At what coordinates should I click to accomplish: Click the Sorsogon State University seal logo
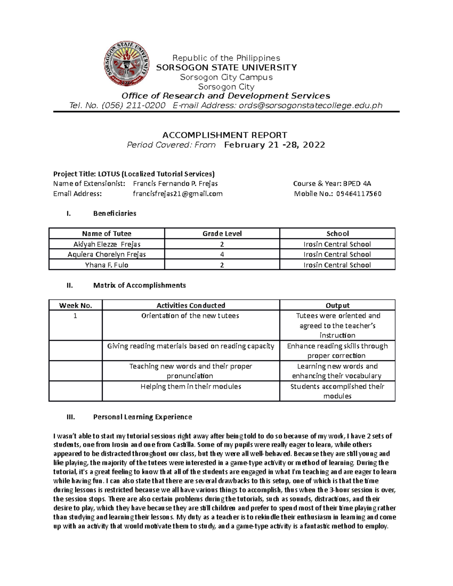(x=126, y=64)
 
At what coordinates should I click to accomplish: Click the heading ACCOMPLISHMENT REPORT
(x=225, y=135)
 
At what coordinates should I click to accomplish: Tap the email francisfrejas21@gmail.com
(x=177, y=194)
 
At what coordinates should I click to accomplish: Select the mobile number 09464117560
(x=359, y=194)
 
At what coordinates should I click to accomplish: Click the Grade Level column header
(x=222, y=234)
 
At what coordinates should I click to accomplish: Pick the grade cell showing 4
(x=222, y=254)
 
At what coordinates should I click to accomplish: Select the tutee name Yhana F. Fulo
(x=106, y=265)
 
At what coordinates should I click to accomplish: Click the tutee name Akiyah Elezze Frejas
(x=106, y=244)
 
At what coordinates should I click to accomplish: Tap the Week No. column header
(x=75, y=305)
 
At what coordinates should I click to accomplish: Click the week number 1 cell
(x=75, y=316)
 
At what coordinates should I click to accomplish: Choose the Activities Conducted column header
(x=191, y=305)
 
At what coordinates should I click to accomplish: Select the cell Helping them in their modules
(x=191, y=386)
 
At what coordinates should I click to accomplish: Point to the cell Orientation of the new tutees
(x=190, y=316)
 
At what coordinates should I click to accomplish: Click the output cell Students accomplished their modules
(x=337, y=391)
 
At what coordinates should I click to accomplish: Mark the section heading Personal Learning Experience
(x=142, y=417)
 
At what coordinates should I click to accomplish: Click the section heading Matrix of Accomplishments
(x=139, y=285)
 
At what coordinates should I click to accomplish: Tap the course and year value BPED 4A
(x=357, y=183)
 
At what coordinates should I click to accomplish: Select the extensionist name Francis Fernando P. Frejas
(x=175, y=183)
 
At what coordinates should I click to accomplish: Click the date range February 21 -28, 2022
(x=274, y=145)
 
